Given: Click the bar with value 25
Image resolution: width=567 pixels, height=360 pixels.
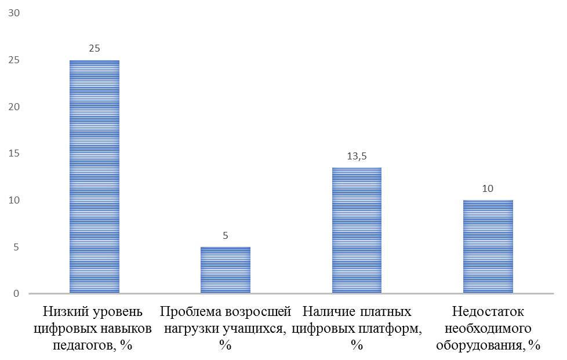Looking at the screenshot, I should pos(94,177).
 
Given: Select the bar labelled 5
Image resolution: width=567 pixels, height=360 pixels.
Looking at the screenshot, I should pos(226,270).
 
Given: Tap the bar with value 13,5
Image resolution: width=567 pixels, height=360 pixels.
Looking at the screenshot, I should pos(357,231).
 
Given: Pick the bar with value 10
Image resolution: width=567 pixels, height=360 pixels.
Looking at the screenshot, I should pos(488,247).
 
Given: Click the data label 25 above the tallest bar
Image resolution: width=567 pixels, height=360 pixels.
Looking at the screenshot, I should pos(94,49).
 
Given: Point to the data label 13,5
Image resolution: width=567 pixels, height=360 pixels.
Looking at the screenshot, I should pos(357,156).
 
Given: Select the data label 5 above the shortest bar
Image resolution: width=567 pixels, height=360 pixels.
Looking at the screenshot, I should pos(226,236).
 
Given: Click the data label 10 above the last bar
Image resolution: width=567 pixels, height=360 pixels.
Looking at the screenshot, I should pos(488,189).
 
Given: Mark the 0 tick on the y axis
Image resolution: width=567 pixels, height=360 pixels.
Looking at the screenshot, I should pos(16,294).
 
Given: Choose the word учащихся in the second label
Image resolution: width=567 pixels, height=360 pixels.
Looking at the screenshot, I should pos(255,329).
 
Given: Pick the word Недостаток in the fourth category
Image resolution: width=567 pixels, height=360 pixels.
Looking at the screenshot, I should pos(489,312).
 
